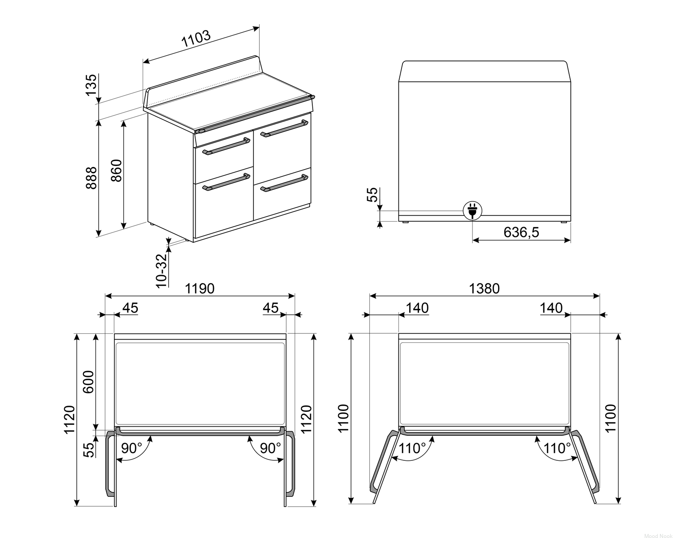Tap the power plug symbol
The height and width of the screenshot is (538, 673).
(x=472, y=210)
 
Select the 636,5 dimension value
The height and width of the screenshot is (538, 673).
(x=521, y=232)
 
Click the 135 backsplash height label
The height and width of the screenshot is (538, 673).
(x=91, y=85)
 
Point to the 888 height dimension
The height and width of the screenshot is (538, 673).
(x=92, y=178)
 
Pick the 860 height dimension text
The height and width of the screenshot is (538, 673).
(x=116, y=171)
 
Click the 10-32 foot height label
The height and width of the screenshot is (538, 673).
(x=162, y=271)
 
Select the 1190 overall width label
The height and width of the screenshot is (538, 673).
(x=200, y=289)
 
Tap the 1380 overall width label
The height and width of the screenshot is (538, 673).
(x=484, y=289)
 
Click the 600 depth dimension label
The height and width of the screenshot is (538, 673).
(x=88, y=382)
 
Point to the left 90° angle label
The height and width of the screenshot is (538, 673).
(x=131, y=448)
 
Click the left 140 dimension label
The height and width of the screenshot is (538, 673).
(x=417, y=308)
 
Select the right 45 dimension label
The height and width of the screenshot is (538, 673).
(x=271, y=308)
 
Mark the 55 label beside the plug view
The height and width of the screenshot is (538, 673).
(x=372, y=195)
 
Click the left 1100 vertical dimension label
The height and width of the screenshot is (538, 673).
(x=343, y=418)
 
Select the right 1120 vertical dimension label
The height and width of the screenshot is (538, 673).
(x=306, y=419)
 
